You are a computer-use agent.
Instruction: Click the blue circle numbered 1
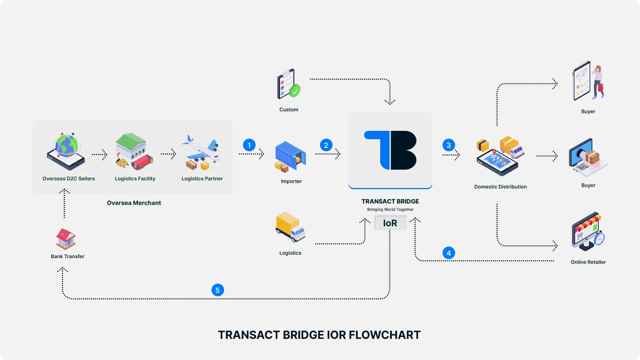[249, 145]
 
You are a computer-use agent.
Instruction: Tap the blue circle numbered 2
[326, 145]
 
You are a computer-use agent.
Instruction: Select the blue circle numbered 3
[448, 145]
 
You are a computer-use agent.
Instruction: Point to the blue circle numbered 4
[448, 253]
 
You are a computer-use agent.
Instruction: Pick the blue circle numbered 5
[217, 290]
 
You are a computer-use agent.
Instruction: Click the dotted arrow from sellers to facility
[99, 154]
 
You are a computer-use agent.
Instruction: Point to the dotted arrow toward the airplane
[168, 154]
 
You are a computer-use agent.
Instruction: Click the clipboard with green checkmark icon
[288, 84]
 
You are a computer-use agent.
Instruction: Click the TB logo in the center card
[390, 150]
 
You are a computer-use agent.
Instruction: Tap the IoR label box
[390, 223]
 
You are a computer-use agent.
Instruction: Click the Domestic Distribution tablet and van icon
[500, 156]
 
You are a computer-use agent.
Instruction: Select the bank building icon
[66, 238]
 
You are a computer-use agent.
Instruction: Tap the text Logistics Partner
[202, 179]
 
